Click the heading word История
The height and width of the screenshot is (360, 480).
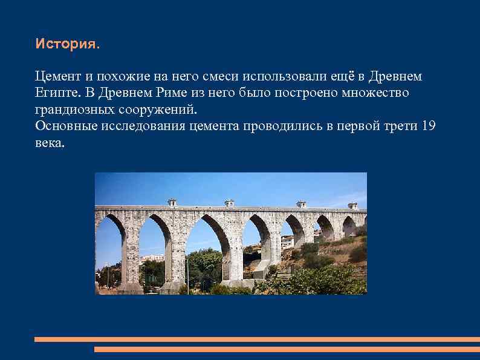click(x=65, y=44)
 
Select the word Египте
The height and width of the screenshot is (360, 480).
click(x=56, y=93)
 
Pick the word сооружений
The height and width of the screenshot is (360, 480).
click(x=158, y=110)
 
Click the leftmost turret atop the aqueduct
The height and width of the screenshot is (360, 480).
click(x=172, y=203)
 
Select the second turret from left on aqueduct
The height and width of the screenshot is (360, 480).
click(x=229, y=203)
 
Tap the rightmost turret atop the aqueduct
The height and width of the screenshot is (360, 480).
click(x=353, y=206)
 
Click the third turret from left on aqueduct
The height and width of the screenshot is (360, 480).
click(x=301, y=205)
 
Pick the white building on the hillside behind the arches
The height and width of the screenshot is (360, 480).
click(x=288, y=242)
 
